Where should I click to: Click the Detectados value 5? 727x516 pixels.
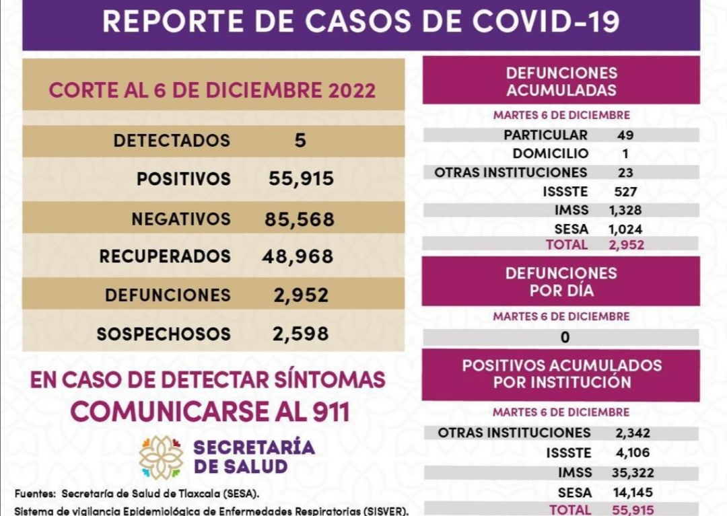pos(300,141)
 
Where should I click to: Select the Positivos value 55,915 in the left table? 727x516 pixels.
pos(301,179)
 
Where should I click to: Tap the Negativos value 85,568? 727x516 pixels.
pos(300,219)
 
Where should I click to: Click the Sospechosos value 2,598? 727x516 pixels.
pos(300,334)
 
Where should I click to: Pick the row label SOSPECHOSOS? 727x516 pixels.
pos(164,334)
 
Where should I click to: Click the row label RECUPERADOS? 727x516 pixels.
pos(165,256)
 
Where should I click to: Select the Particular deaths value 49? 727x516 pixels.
pos(625,135)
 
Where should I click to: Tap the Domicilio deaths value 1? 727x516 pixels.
pos(625,154)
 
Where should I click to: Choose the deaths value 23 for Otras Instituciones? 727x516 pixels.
pos(625,173)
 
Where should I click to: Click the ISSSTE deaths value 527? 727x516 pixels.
pos(625,192)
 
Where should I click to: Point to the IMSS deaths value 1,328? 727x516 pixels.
pos(625,211)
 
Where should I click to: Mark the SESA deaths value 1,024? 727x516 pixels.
pos(625,229)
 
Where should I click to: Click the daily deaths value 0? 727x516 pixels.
pos(565,338)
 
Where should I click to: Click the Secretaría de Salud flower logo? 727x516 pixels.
pos(161,457)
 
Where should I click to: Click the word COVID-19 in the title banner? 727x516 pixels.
pos(546,22)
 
